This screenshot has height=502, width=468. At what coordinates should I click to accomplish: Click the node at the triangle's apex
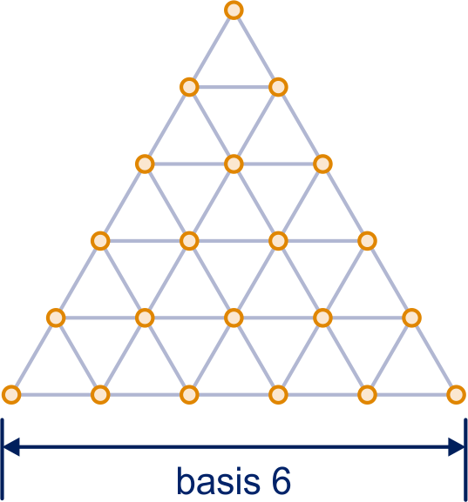tap(234, 10)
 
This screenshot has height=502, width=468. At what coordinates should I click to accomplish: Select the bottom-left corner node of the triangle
tap(11, 395)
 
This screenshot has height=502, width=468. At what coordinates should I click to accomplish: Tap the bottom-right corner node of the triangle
tap(456, 395)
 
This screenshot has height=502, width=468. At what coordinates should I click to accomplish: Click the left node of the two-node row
tap(189, 87)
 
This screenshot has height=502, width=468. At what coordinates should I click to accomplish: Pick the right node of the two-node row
tap(278, 87)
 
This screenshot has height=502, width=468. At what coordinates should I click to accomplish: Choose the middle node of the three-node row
tap(234, 164)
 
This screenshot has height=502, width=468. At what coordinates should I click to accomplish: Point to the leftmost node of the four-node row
tap(100, 241)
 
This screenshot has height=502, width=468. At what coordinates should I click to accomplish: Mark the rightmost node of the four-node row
tap(367, 241)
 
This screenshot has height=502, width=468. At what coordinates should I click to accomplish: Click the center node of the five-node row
tap(234, 318)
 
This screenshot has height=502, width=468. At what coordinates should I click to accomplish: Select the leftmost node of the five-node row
tap(56, 318)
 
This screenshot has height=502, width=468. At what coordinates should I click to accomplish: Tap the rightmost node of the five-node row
tap(411, 318)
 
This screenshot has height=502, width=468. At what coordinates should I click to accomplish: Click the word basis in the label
tap(218, 481)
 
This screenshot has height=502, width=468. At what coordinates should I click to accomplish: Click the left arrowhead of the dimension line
tap(11, 446)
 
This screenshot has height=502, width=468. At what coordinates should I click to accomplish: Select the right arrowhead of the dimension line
tap(456, 446)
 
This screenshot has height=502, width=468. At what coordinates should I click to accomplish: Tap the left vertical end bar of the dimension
tap(3, 459)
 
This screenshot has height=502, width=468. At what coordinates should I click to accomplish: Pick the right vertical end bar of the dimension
tap(465, 459)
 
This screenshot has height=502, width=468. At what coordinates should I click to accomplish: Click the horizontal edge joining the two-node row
tap(234, 87)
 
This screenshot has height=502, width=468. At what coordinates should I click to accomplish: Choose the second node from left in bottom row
tap(100, 395)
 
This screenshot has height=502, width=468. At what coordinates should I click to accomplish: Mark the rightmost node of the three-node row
tap(322, 164)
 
